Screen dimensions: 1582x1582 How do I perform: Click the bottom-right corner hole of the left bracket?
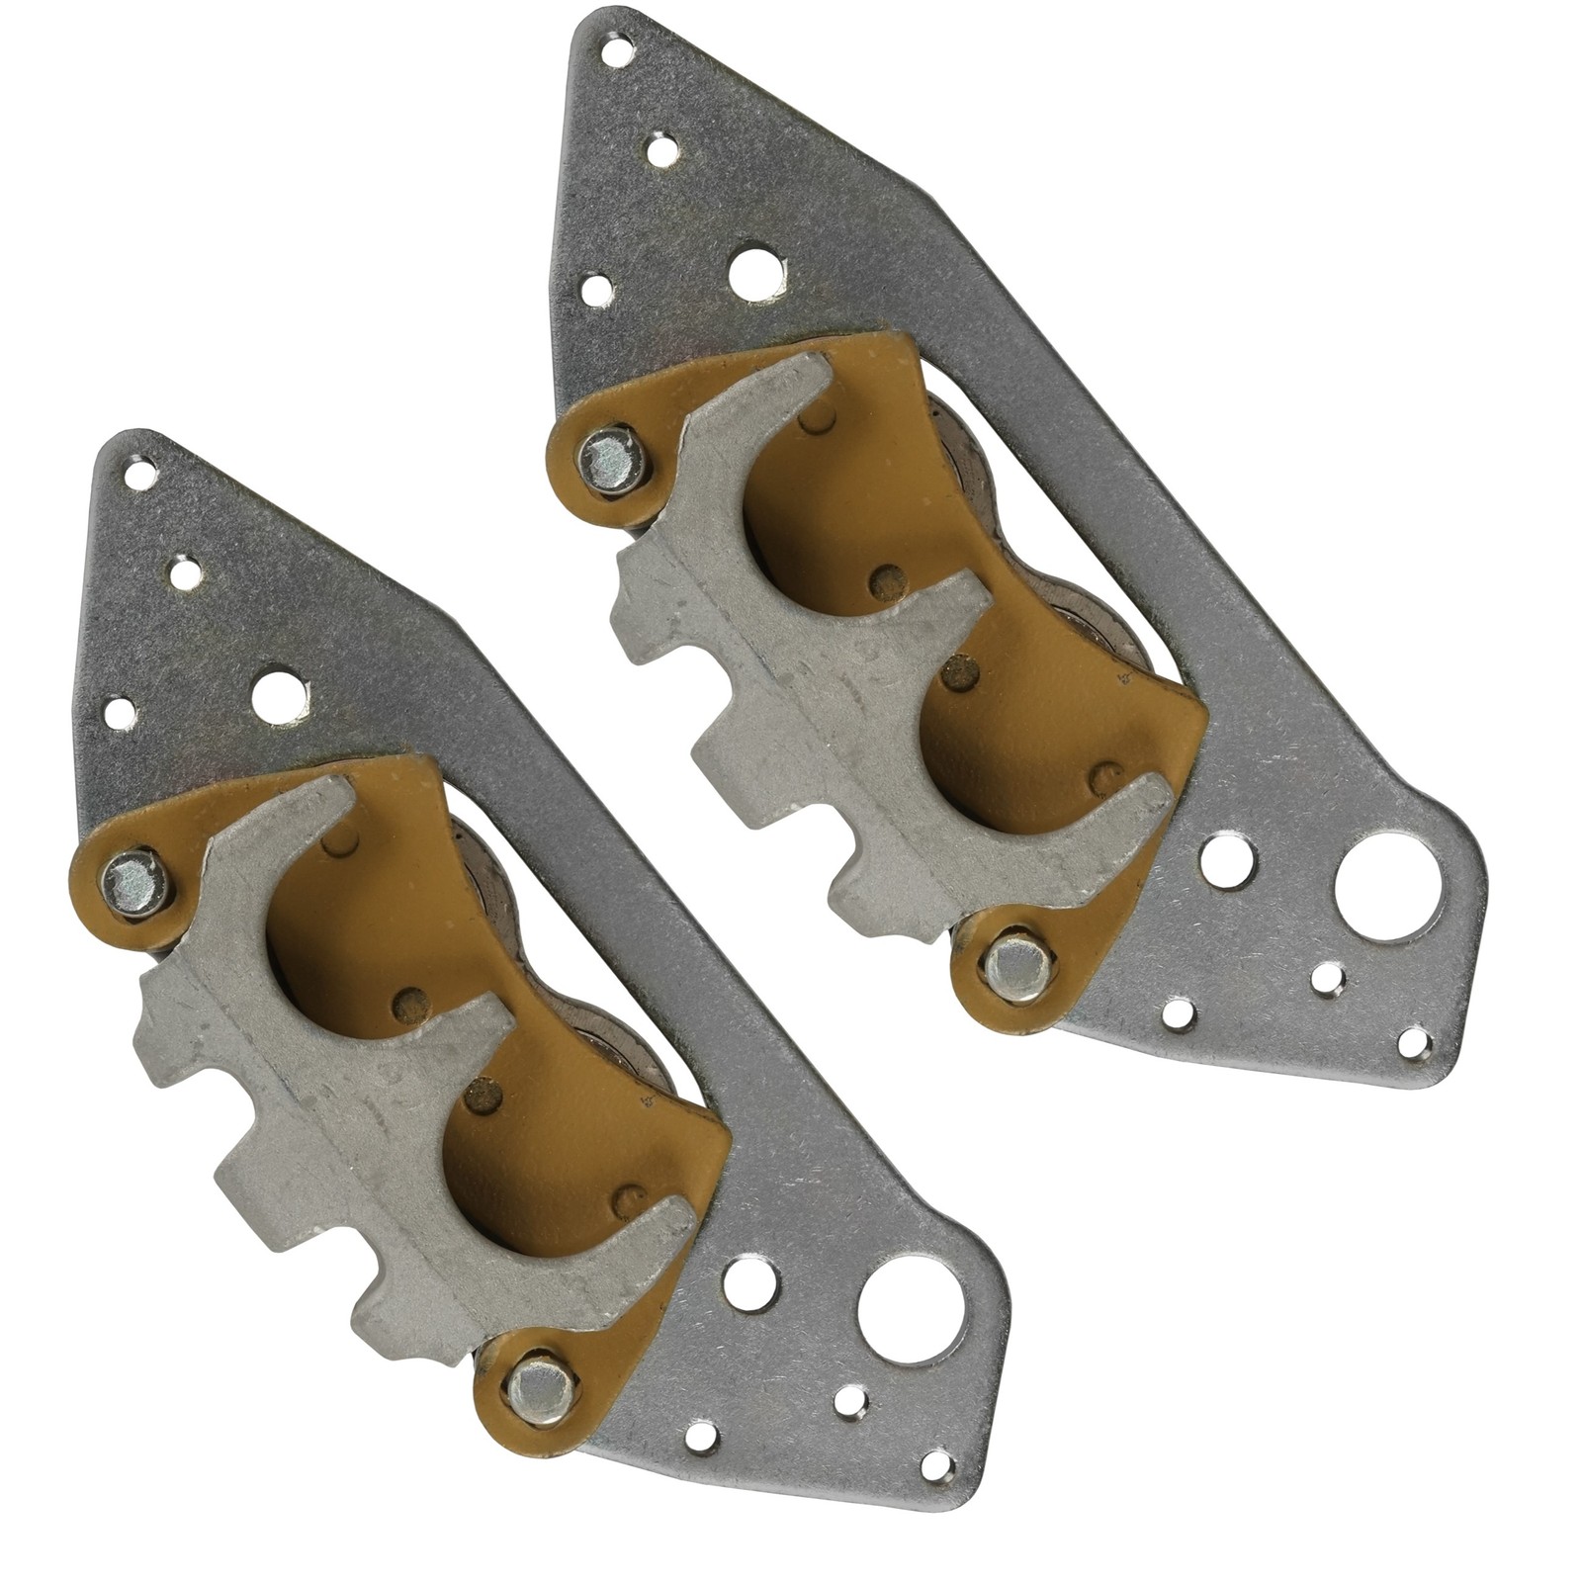click(x=937, y=1464)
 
